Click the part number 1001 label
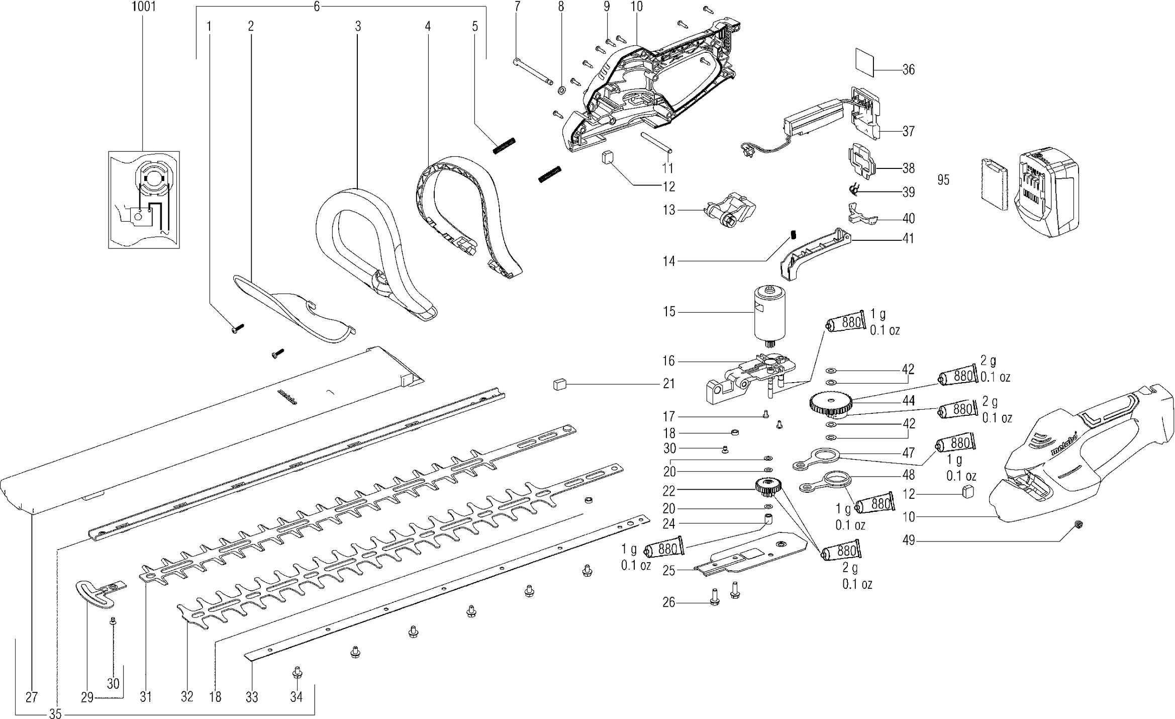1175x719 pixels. (x=143, y=7)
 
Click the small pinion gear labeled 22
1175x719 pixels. (x=768, y=487)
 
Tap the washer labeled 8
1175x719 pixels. (x=561, y=91)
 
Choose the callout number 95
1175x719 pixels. (x=943, y=180)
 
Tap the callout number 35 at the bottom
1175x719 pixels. (x=55, y=714)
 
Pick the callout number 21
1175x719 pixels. (x=668, y=384)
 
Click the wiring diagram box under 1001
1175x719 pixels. (x=144, y=200)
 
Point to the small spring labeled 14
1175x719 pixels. (x=794, y=234)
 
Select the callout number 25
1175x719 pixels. (x=669, y=571)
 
